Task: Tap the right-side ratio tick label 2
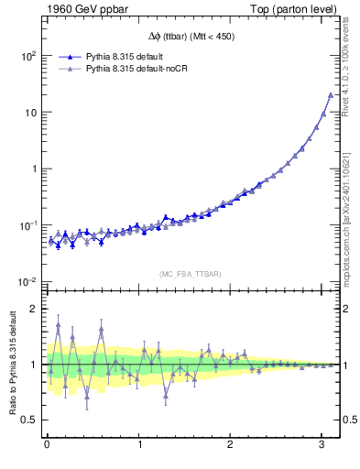(x=348, y=309)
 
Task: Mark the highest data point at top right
(x=331, y=94)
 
